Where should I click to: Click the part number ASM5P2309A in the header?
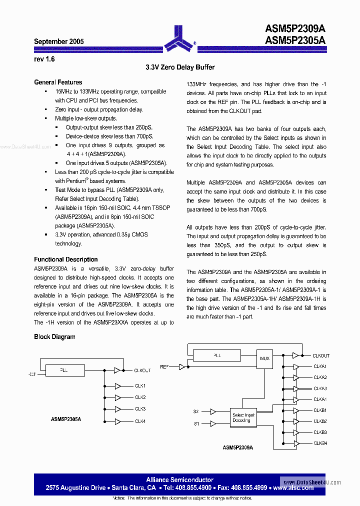[x=295, y=30]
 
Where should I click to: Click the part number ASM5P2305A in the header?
[x=295, y=41]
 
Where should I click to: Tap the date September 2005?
[x=59, y=42]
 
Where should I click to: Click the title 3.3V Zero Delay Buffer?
[x=180, y=67]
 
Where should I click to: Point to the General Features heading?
[x=58, y=82]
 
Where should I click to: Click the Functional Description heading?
[x=65, y=259]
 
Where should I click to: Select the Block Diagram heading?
[x=54, y=337]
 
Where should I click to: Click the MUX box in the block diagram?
[x=264, y=358]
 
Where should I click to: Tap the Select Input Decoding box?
[x=243, y=417]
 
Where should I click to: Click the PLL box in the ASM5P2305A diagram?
[x=65, y=370]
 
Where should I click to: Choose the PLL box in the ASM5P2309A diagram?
[x=216, y=355]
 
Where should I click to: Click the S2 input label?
[x=196, y=411]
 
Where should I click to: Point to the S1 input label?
[x=196, y=423]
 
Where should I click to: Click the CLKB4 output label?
[x=320, y=443]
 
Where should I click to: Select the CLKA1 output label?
[x=320, y=366]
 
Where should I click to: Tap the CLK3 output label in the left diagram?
[x=140, y=409]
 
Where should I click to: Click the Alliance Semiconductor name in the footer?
[x=179, y=480]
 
